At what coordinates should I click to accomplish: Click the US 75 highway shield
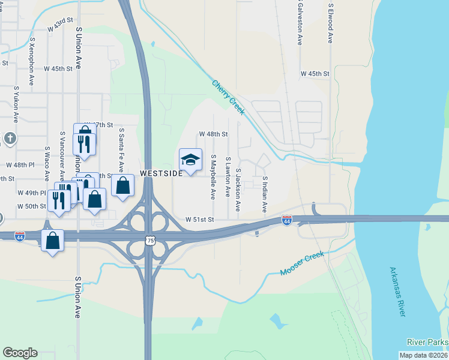(149, 241)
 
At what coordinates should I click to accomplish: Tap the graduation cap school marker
(190, 160)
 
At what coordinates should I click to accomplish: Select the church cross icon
(10, 139)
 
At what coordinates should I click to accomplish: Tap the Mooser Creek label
(302, 264)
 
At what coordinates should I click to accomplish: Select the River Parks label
(427, 343)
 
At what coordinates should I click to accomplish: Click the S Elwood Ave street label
(330, 23)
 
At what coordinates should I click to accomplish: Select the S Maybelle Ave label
(213, 176)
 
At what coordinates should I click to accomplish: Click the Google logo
(20, 353)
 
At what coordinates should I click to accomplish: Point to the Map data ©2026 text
(423, 355)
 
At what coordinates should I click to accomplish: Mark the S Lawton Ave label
(228, 177)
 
